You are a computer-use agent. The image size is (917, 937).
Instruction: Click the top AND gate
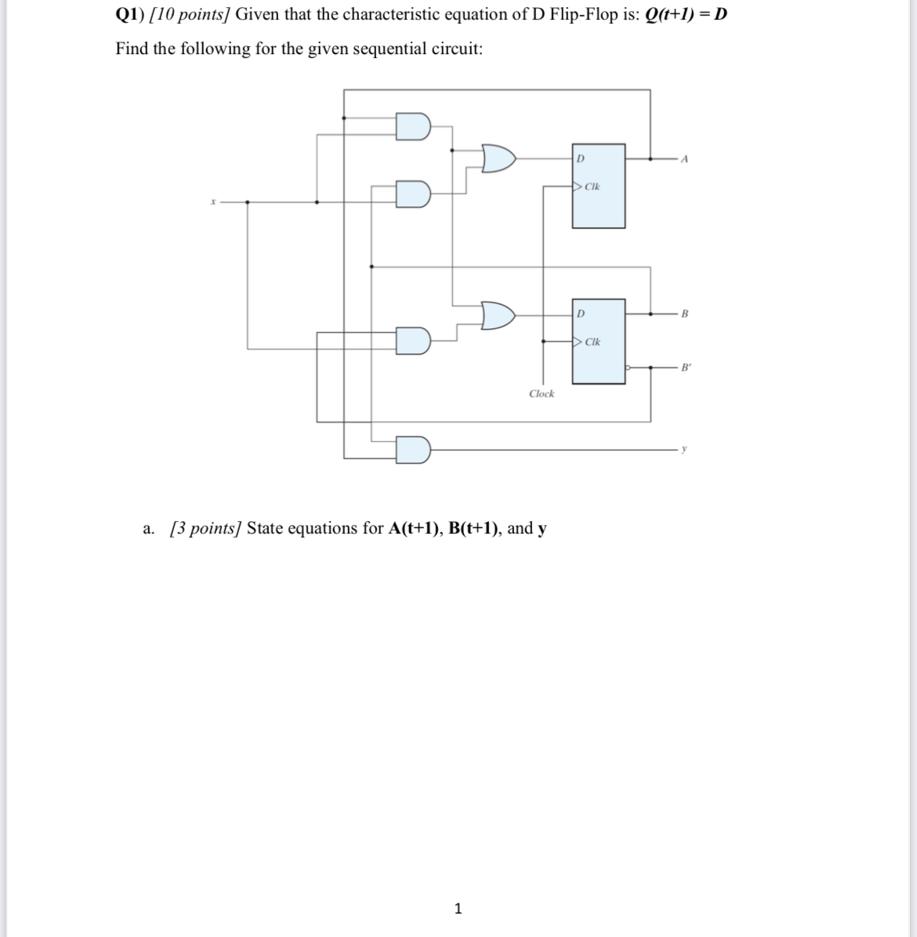pos(413,126)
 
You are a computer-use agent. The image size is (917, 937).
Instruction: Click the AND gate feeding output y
pos(413,450)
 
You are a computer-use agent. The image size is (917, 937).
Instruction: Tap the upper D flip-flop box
pos(599,186)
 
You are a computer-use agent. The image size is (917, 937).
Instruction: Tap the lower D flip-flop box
pos(599,341)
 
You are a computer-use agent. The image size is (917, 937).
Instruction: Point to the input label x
pos(212,203)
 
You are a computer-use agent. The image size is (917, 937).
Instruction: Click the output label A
pos(685,159)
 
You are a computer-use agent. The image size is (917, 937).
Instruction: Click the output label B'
pos(687,367)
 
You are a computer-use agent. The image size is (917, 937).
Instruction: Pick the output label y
pos(684,450)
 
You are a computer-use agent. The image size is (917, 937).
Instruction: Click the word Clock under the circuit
pos(541,394)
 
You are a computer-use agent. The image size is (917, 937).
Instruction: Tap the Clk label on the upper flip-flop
pos(593,187)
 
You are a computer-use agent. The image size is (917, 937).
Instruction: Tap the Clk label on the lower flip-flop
pos(593,342)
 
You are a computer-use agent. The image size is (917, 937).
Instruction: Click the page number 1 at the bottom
pos(458,909)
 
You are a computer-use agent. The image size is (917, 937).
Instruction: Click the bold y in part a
pos(542,529)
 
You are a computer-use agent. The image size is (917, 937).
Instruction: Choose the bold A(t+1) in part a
pos(415,528)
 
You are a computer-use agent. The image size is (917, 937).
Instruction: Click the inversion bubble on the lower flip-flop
pos(629,367)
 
